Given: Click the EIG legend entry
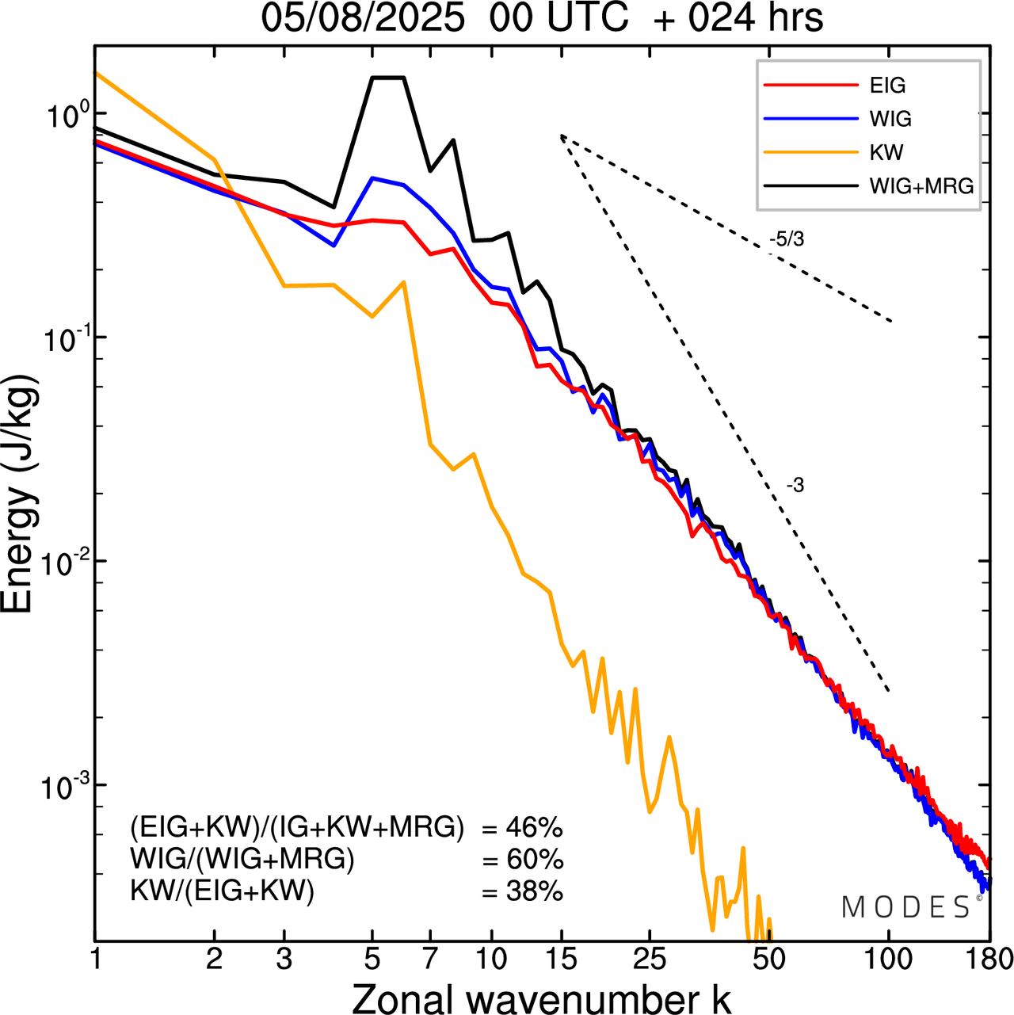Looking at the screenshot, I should coord(887,86).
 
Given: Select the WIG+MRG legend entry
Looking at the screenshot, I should coord(921,186).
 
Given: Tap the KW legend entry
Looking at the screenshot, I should coord(886,152).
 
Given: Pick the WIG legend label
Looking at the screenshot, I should coord(890,119).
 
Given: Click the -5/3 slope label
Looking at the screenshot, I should coord(786,239).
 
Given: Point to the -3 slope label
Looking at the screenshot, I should coord(795,486).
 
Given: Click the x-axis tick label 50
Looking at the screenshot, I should coord(768,960).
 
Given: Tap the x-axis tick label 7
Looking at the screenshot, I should coord(429,960).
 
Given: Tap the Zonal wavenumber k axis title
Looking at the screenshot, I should coord(541,996).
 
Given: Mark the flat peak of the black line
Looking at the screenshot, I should coord(388,78).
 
